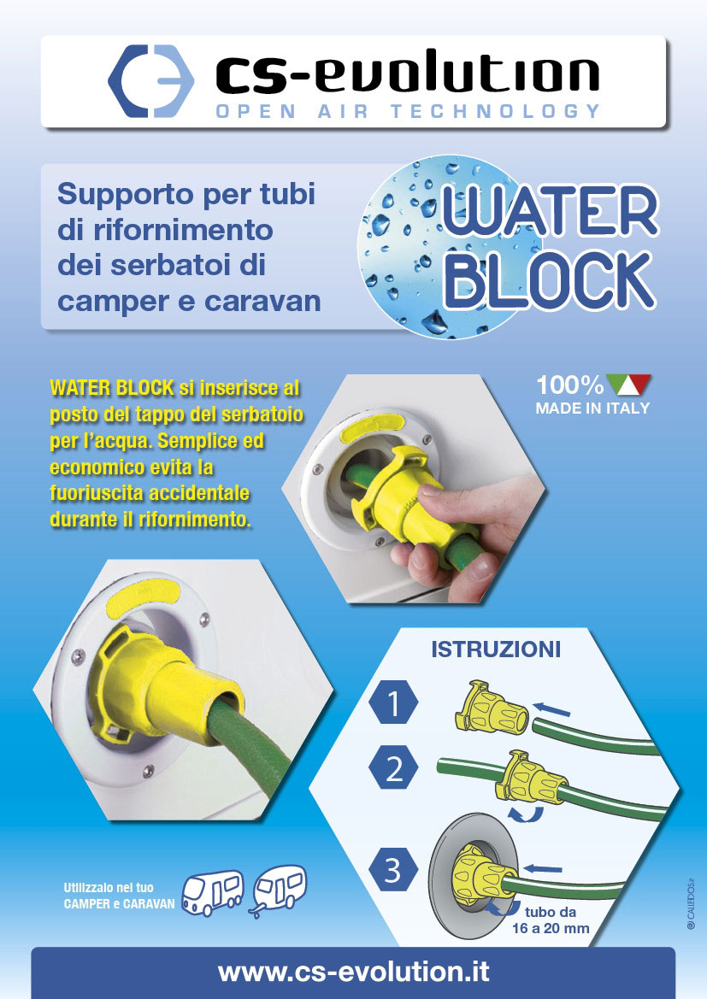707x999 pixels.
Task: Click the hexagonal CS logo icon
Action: [151, 81]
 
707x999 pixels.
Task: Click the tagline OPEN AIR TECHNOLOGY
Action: [408, 111]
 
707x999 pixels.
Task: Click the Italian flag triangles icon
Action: [629, 385]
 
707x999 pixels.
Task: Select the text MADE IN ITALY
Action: [592, 408]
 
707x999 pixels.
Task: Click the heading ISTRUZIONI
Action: [496, 649]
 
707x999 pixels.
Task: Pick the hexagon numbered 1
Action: [393, 702]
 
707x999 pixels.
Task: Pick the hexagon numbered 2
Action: [393, 768]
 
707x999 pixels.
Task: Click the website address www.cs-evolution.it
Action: [353, 973]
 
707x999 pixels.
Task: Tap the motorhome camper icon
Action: [212, 891]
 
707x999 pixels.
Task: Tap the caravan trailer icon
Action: [279, 890]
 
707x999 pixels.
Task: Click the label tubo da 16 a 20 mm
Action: [551, 920]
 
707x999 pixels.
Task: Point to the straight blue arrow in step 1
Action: [551, 708]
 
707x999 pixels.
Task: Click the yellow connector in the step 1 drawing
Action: [491, 708]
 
